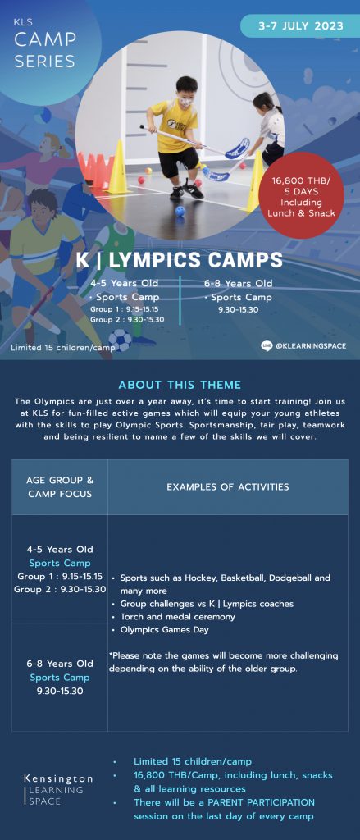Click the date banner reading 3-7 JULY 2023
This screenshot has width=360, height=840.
[300, 25]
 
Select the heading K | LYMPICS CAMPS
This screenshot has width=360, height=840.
[179, 260]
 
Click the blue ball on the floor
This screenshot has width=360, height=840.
[180, 211]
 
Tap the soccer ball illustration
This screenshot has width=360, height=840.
[120, 340]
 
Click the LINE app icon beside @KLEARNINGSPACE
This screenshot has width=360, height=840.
[267, 345]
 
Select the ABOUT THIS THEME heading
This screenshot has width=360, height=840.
[180, 385]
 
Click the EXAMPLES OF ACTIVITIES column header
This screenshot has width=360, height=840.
[228, 487]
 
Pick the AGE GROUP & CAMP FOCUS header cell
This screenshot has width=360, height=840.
[60, 487]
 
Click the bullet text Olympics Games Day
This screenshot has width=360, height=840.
[165, 629]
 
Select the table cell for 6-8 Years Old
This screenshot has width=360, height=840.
[60, 677]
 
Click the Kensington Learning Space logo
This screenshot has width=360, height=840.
[58, 789]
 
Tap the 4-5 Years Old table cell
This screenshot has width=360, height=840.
[60, 569]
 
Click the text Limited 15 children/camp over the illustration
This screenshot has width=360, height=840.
[63, 348]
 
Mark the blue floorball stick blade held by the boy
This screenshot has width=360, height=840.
[237, 148]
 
